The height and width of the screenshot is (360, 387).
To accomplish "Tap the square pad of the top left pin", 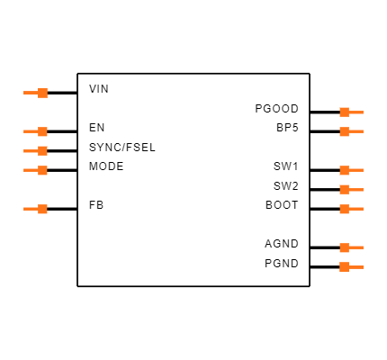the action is pos(42,93).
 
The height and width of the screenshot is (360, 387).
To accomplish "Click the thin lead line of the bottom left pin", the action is pos(30,209).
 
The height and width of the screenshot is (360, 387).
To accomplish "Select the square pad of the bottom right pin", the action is pos(344,266).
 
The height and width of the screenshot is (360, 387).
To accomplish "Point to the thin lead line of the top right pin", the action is pos(356,112).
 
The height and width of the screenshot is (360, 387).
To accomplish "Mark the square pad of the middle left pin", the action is pos(42,151).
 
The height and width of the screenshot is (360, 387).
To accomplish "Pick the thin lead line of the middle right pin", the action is pos(356,190).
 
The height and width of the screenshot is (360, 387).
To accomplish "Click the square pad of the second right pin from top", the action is pos(344,131).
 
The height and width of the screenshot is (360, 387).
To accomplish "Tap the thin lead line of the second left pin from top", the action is pos(30,131).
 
